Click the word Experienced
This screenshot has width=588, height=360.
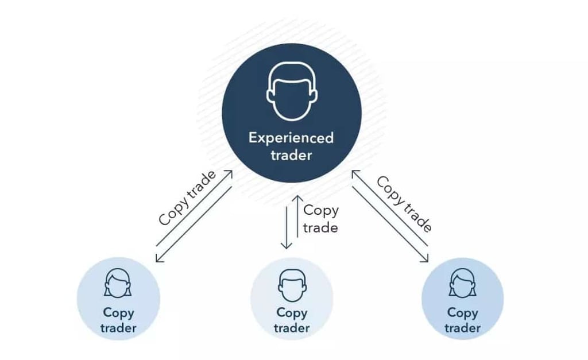[x=291, y=138]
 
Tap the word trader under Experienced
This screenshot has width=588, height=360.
[x=291, y=155]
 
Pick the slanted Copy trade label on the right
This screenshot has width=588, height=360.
[x=404, y=203]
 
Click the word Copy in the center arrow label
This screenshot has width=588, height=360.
[x=321, y=211]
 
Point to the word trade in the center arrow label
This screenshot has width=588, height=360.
[x=320, y=227]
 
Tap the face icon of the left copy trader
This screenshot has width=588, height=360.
[x=118, y=283]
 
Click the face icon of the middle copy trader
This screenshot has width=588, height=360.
[x=291, y=283]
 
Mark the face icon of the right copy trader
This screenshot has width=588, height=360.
[x=462, y=283]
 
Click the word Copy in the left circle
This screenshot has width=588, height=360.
[x=118, y=313]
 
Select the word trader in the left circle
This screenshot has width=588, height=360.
[x=118, y=328]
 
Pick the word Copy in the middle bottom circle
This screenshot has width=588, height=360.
[x=291, y=313]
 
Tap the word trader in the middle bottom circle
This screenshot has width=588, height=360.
[x=291, y=328]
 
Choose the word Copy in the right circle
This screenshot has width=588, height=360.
[x=462, y=313]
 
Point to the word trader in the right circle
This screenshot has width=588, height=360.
[x=462, y=328]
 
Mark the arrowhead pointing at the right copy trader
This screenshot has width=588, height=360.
[x=426, y=259]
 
